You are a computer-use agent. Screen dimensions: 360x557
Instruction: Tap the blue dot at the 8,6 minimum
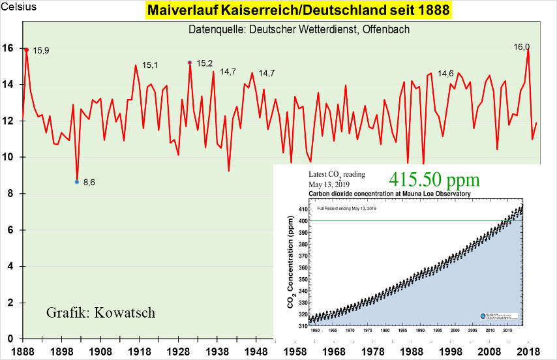click(77, 182)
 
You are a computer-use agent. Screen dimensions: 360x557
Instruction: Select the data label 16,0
click(522, 47)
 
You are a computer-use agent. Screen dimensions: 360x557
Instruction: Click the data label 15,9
click(41, 50)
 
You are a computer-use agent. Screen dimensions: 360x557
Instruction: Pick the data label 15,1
click(150, 65)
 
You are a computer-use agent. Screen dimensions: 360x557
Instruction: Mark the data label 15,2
click(205, 63)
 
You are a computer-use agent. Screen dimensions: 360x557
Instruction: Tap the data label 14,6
click(446, 74)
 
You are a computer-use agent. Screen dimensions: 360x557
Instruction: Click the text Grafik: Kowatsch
click(100, 312)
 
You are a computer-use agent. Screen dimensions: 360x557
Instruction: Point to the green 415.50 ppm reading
click(435, 179)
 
